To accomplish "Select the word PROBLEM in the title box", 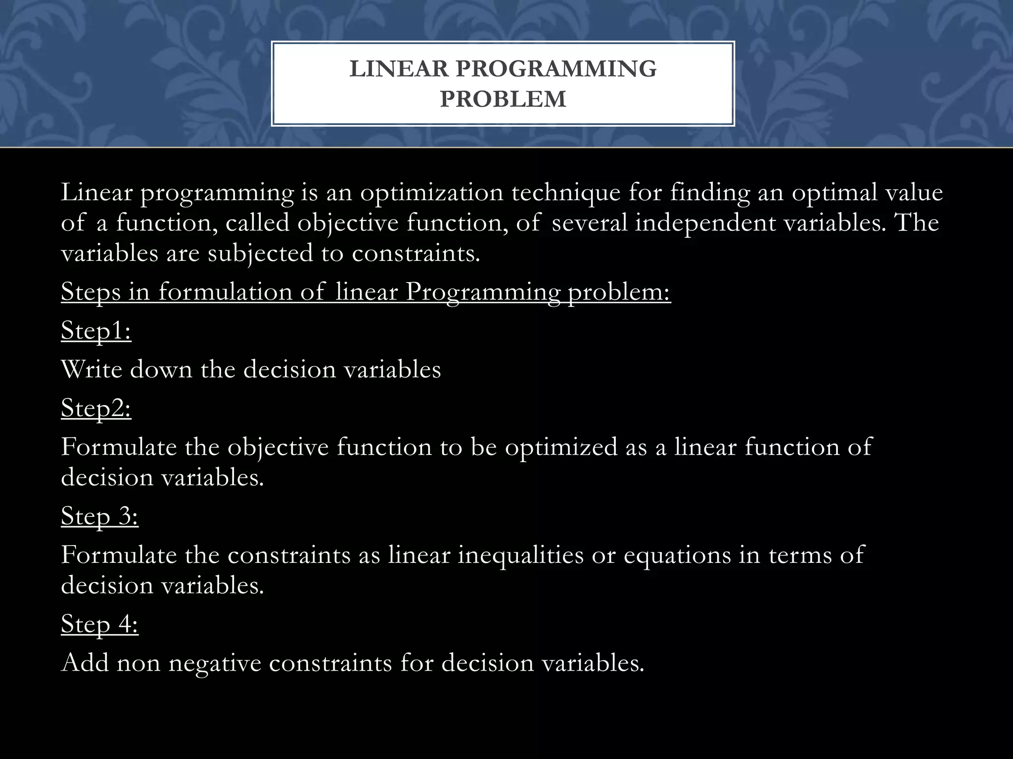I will (x=503, y=99).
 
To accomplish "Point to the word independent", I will (x=705, y=222).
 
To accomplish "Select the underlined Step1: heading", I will (x=96, y=330).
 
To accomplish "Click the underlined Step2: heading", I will (x=96, y=408).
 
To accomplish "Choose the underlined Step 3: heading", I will (x=99, y=516).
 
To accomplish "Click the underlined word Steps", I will (x=91, y=292).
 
